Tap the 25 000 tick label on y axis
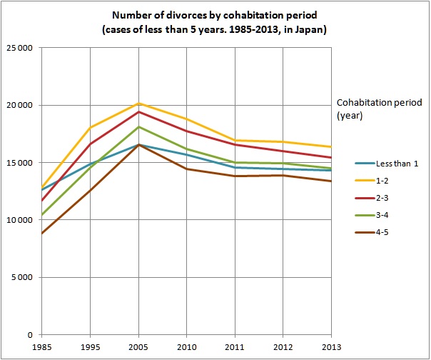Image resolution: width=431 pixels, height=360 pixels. tap(19, 48)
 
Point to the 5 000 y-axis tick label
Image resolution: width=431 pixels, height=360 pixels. tap(22, 277)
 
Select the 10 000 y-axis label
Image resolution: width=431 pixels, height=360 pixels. tap(19, 220)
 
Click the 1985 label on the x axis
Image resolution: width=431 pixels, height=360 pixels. tap(42, 347)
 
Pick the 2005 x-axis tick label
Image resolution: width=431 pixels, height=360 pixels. tap(138, 347)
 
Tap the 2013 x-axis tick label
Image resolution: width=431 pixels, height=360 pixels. tap(331, 347)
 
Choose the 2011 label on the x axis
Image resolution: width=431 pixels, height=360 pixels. tap(235, 347)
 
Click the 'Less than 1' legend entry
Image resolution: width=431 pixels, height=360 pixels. tap(387, 164)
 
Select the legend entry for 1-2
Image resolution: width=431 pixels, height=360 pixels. tap(372, 181)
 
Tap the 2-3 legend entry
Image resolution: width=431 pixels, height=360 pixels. tap(372, 198)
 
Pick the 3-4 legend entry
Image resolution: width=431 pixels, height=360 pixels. tap(372, 215)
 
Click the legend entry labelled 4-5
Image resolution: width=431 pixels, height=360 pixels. tap(372, 232)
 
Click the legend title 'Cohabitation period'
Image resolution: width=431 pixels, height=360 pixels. tap(380, 103)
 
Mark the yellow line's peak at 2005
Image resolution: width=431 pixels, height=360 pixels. tap(138, 103)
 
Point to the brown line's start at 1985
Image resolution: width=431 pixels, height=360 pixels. tap(42, 234)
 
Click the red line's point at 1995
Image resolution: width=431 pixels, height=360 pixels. tap(90, 144)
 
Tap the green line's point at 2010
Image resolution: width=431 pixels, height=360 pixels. tap(187, 149)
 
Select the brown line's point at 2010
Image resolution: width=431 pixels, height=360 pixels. tap(187, 169)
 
